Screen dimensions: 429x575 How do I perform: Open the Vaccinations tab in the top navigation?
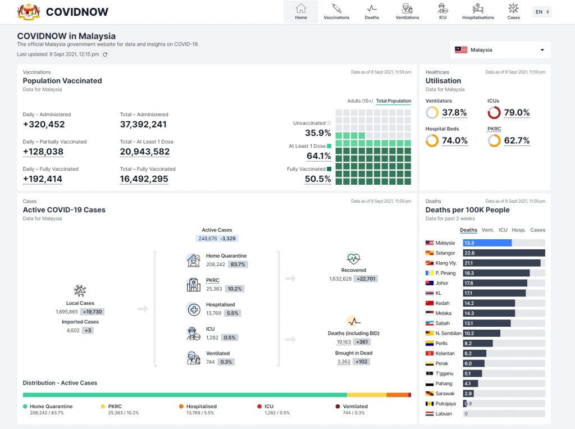pyautogui.click(x=336, y=11)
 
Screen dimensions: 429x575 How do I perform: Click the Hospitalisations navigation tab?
pyautogui.click(x=478, y=11)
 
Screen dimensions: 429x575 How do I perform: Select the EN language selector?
pyautogui.click(x=541, y=12)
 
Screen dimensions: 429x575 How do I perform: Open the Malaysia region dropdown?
pyautogui.click(x=500, y=50)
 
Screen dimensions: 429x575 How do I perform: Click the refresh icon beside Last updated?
pyautogui.click(x=105, y=54)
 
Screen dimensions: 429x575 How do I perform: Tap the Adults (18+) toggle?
pyautogui.click(x=360, y=101)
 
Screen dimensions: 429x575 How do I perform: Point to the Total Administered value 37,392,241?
pyautogui.click(x=143, y=125)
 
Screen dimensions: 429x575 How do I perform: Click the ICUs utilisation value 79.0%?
pyautogui.click(x=516, y=113)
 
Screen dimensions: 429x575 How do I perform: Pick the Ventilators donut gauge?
pyautogui.click(x=432, y=113)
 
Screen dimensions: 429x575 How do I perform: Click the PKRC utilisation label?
pyautogui.click(x=494, y=129)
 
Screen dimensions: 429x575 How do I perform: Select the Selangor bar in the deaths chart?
pyautogui.click(x=504, y=253)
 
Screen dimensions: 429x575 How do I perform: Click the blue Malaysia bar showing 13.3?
pyautogui.click(x=487, y=243)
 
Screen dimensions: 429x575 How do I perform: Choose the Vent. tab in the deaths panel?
pyautogui.click(x=487, y=230)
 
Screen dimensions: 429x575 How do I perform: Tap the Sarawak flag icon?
pyautogui.click(x=430, y=394)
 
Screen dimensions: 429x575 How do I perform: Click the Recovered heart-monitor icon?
pyautogui.click(x=353, y=259)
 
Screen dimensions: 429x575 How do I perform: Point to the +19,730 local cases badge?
pyautogui.click(x=93, y=312)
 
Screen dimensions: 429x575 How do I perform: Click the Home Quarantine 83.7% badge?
pyautogui.click(x=238, y=264)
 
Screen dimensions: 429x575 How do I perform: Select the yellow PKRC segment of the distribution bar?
pyautogui.click(x=366, y=395)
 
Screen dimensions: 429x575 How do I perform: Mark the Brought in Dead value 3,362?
pyautogui.click(x=344, y=362)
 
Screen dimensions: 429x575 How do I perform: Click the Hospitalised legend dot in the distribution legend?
pyautogui.click(x=181, y=407)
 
